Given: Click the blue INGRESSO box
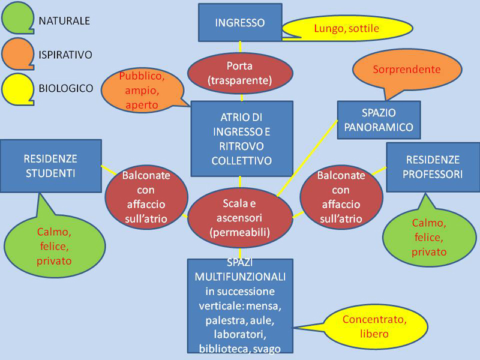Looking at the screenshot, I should (240, 23).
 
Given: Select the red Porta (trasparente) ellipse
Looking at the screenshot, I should (240, 73).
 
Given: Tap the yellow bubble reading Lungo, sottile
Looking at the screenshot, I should (347, 28).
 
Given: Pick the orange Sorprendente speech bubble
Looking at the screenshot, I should (407, 70).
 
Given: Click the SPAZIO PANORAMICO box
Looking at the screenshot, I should (379, 119).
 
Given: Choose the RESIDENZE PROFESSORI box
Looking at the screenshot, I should (433, 167).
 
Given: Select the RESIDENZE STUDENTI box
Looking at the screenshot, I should (50, 166).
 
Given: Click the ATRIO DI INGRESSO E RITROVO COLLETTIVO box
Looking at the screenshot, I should (242, 139).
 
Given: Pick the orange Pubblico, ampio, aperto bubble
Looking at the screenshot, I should (142, 91).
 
